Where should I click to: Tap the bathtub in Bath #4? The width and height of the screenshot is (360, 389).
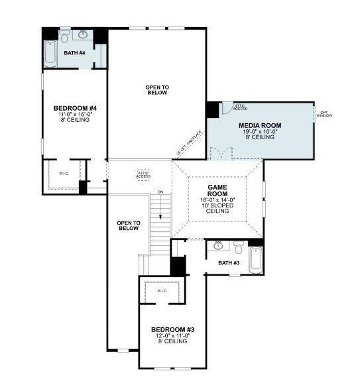click(x=51, y=53)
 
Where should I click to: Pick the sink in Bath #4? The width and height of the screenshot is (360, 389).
click(x=84, y=34)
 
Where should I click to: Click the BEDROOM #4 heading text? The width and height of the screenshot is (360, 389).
click(x=75, y=108)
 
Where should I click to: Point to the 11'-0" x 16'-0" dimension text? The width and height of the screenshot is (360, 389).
click(x=75, y=115)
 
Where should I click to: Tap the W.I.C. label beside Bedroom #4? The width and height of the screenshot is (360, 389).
click(x=64, y=174)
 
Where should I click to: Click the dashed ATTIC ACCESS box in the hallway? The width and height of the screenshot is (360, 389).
click(x=143, y=174)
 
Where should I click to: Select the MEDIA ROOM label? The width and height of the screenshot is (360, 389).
click(x=260, y=125)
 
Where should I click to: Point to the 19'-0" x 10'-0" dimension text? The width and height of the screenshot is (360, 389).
click(x=260, y=132)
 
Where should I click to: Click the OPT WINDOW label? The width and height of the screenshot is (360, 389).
click(x=325, y=113)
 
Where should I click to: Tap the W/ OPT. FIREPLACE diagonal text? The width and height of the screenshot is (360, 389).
click(x=189, y=143)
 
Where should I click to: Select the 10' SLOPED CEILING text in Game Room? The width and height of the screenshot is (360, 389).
click(x=218, y=209)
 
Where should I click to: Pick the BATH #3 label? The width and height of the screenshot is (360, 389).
click(x=229, y=263)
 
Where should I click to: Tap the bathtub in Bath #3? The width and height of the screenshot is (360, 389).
click(x=255, y=260)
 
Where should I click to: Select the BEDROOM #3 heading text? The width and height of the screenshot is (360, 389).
click(x=172, y=329)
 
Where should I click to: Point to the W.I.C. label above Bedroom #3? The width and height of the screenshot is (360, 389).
click(x=162, y=291)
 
